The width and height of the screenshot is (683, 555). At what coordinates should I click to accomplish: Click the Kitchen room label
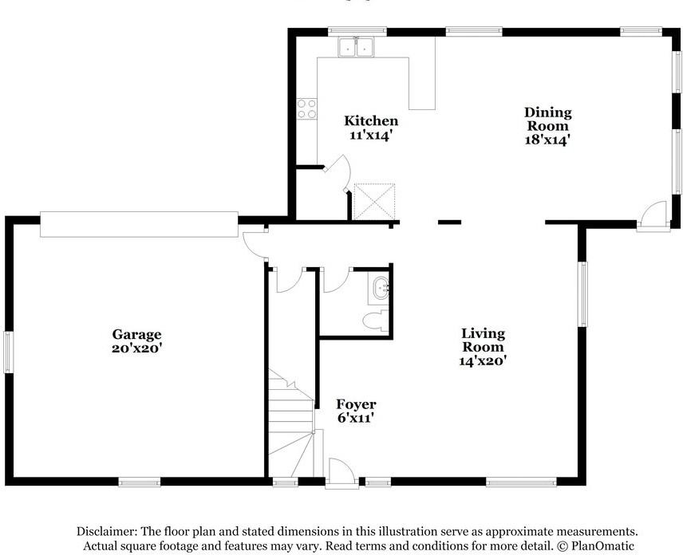point(371,120)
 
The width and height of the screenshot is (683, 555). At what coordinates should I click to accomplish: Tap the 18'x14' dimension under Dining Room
point(547,140)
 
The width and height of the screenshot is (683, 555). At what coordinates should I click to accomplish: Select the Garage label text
point(136,334)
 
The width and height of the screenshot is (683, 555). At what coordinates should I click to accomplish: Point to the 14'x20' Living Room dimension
point(483,360)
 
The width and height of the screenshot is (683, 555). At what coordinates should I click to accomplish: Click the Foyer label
point(356,404)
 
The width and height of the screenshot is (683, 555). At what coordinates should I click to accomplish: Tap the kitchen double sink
point(357,47)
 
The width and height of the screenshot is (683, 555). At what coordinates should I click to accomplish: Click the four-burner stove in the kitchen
point(306,108)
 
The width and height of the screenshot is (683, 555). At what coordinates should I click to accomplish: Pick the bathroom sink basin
point(381,288)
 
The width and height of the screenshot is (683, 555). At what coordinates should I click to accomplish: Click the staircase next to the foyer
point(291,423)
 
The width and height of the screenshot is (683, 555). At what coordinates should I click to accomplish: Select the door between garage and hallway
point(254,245)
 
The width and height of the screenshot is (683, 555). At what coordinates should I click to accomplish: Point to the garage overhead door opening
point(139,224)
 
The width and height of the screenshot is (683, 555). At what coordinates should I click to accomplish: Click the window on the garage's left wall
point(9,352)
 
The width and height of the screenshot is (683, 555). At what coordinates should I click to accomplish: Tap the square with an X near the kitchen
point(374,201)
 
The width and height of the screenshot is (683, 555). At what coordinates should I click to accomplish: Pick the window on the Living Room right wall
point(582,293)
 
